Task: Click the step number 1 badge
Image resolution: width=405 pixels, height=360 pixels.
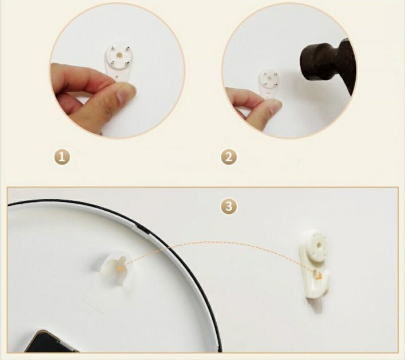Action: point(62,157)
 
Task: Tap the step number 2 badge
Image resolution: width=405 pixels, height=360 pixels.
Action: point(229,157)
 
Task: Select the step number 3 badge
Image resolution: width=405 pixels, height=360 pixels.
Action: point(229,207)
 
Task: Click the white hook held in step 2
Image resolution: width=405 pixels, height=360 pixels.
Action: point(268,83)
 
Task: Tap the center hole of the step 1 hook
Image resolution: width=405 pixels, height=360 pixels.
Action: point(119,55)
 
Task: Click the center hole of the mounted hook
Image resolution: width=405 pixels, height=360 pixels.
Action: point(318,244)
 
